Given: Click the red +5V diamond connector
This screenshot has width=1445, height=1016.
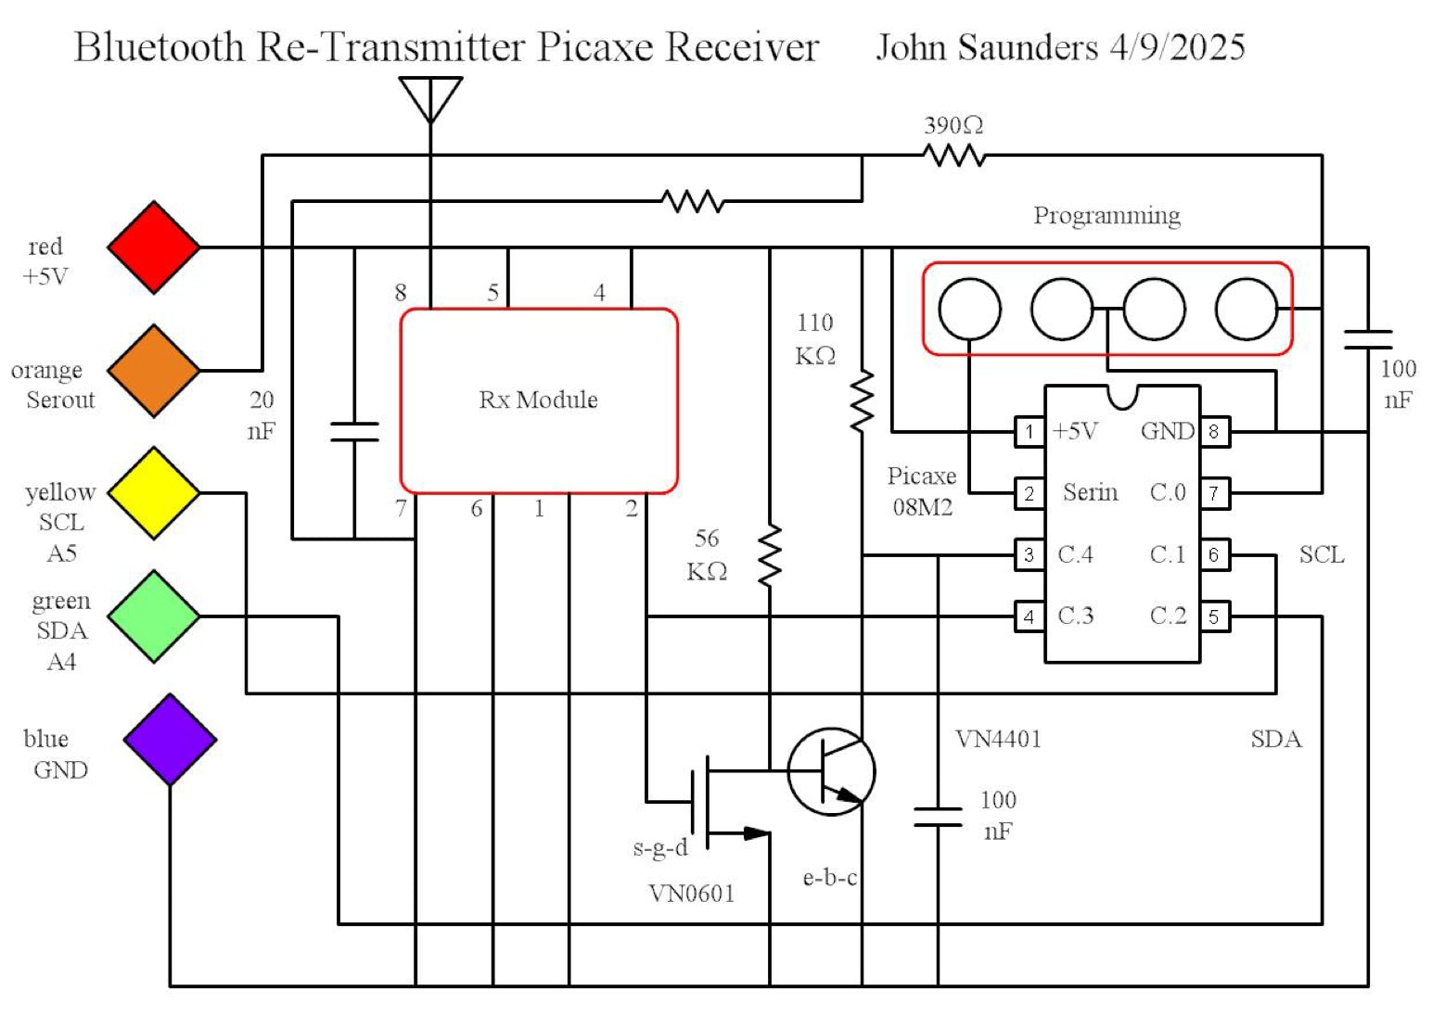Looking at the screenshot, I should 154,248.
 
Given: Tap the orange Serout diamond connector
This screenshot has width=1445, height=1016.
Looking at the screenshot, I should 154,371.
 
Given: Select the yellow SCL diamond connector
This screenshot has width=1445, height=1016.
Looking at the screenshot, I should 154,493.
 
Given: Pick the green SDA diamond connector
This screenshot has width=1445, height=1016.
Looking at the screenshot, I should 154,616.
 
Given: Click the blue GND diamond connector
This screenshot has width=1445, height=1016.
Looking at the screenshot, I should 170,740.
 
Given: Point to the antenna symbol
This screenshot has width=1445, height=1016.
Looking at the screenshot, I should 430,98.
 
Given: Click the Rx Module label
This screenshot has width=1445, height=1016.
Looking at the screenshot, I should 538,400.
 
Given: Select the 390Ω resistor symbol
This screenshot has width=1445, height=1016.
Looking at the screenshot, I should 955,156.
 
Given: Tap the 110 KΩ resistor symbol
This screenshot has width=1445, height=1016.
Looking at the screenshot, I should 863,400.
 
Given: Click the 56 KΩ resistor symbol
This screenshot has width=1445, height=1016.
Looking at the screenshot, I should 770,555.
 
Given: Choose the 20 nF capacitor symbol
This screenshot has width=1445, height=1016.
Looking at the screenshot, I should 354,432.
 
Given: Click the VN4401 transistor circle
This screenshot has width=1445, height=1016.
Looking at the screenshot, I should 831,771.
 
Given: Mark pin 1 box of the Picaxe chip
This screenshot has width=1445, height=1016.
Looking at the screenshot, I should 1029,432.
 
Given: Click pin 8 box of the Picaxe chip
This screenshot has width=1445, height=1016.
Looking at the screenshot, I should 1214,432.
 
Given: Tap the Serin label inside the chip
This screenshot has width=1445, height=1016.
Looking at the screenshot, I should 1090,492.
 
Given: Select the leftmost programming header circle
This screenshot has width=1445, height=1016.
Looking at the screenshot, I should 969,309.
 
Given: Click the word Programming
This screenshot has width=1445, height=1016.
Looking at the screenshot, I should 1106,216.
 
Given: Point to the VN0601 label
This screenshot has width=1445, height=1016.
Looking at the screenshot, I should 691,894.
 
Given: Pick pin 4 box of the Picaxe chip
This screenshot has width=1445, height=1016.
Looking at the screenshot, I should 1029,616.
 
